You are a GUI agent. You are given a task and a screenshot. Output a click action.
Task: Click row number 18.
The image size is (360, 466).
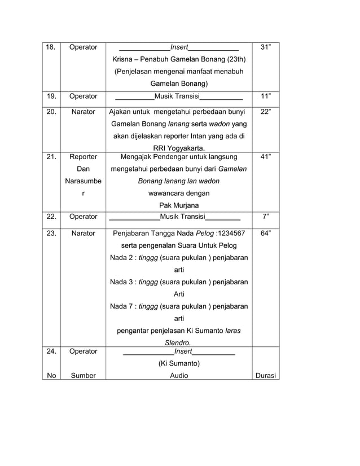click(x=50, y=47)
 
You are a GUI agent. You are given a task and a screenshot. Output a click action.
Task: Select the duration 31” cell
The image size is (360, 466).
click(x=265, y=47)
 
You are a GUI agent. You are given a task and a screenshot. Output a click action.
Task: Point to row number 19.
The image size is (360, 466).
click(x=50, y=96)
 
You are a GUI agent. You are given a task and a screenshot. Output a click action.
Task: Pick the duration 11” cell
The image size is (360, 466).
click(x=265, y=96)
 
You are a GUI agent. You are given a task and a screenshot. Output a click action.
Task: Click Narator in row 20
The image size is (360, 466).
click(x=83, y=112)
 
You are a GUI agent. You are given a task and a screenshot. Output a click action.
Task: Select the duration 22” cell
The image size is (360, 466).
click(x=265, y=112)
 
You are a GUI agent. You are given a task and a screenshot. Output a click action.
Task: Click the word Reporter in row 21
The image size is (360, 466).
click(x=83, y=157)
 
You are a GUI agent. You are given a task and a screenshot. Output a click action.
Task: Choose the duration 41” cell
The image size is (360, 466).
click(x=265, y=157)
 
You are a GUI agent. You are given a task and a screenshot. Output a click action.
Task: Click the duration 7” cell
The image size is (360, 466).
click(x=265, y=216)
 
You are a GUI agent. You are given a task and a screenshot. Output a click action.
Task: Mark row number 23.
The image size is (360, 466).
click(x=50, y=232)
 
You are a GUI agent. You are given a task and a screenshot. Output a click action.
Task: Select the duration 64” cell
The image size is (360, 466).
click(x=265, y=232)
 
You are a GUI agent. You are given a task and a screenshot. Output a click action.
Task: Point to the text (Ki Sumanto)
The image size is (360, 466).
click(x=179, y=363)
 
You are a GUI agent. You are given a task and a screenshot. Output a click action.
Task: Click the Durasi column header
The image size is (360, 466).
click(x=265, y=375)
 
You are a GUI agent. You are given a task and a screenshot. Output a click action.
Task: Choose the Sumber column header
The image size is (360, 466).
click(x=83, y=375)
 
